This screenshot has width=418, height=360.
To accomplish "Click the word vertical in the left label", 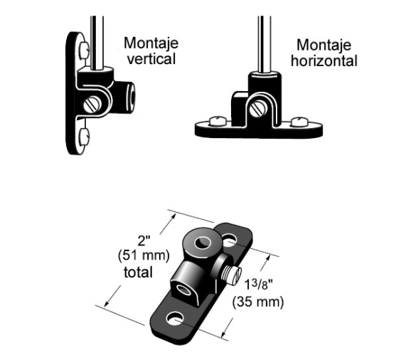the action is pos(151,59).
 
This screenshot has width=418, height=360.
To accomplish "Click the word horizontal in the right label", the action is pos(324,61).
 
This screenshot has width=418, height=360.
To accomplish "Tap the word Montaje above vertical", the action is pos(151,43).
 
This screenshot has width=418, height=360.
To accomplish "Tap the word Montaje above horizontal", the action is pos(324,45).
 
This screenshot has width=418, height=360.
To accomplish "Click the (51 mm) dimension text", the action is pos(144,255).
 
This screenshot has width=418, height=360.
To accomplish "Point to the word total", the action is pos(138,272).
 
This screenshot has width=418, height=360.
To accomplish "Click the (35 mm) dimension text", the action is pos(258,302).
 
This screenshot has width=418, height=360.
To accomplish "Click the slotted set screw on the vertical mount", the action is pos(92,104).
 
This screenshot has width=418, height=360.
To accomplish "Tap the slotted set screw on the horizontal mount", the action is pos(258,110).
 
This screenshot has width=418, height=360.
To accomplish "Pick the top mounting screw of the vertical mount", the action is pos(84,50).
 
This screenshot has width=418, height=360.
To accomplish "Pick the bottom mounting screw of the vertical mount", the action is pos(84,137).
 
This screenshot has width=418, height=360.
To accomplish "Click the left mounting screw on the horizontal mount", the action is pos(218,121).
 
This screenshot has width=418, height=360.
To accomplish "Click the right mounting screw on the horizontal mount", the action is pos(300,122).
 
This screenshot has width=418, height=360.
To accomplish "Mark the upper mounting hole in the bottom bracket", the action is pos(229,240).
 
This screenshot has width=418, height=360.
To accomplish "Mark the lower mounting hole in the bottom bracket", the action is pos(175,318).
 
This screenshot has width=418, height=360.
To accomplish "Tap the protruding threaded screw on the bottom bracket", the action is pos(232,275).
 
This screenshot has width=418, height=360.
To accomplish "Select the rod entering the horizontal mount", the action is pos(264,43).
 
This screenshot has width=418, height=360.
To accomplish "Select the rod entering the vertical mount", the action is pos(97,42).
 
